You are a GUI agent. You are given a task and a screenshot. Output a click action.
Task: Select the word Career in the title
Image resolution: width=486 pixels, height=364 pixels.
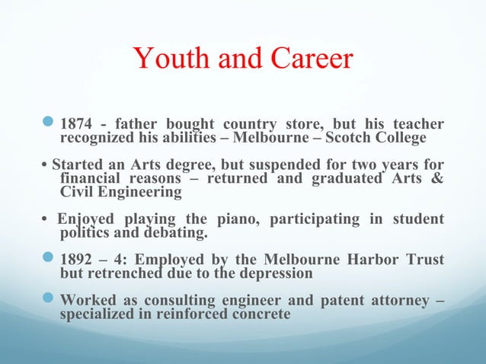pyautogui.click(x=308, y=59)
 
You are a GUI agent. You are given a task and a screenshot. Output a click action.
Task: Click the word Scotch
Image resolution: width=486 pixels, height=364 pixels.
pyautogui.click(x=362, y=138)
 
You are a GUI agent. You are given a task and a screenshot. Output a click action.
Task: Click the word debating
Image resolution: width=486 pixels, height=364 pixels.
pyautogui.click(x=176, y=232)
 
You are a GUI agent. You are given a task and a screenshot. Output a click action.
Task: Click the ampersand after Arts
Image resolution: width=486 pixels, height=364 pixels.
pyautogui.click(x=437, y=179)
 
